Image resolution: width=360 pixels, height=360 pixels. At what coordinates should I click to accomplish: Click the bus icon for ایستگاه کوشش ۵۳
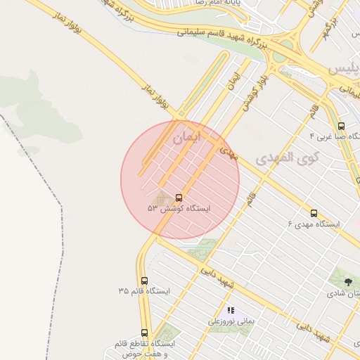178,198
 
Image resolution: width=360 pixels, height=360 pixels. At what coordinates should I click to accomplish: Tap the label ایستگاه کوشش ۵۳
179,210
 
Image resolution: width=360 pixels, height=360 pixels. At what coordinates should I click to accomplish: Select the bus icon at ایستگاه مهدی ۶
314,213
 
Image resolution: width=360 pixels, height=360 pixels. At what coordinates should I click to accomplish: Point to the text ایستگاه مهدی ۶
314,224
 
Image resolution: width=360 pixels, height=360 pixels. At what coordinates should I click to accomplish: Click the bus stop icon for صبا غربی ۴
341,126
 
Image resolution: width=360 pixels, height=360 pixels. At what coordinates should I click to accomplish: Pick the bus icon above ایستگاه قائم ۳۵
145,281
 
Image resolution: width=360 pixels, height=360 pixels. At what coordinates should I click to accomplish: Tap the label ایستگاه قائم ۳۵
144,291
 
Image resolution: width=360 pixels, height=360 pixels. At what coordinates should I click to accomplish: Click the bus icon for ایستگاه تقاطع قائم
145,333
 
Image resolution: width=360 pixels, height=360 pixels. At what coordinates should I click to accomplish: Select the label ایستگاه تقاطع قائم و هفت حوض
143,349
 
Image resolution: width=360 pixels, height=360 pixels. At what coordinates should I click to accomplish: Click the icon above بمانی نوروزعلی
230,310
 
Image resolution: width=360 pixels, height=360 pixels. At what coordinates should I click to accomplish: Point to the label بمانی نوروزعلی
230,321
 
